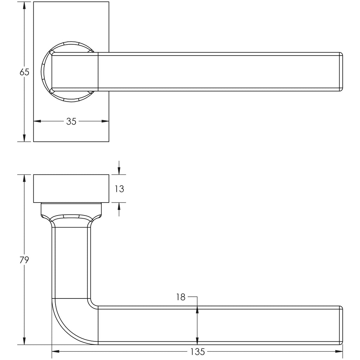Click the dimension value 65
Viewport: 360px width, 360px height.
[x=24, y=72]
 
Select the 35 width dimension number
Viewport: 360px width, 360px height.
[x=71, y=121]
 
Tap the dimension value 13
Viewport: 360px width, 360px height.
[x=120, y=189]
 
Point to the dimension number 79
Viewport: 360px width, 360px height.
[x=24, y=260]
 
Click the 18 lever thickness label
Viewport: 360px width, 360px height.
[x=181, y=297]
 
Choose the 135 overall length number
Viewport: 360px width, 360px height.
[x=198, y=352]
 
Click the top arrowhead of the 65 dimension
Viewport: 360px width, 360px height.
[x=24, y=6]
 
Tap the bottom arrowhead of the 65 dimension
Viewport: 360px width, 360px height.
[x=24, y=138]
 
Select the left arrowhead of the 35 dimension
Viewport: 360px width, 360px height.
[x=37, y=121]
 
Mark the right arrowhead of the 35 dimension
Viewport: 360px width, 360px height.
[x=105, y=121]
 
